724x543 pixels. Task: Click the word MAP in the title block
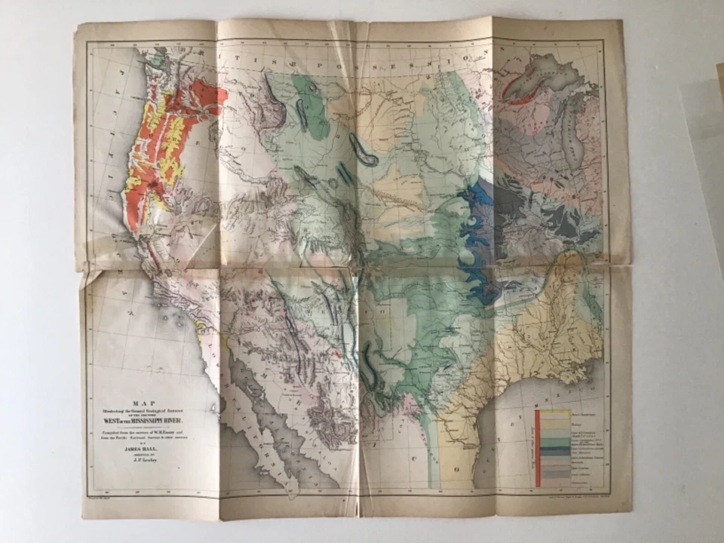tap(149, 403)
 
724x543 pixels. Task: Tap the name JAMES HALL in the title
tap(149, 446)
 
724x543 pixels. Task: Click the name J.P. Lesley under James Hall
tap(149, 457)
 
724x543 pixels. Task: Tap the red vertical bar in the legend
tap(538, 448)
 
